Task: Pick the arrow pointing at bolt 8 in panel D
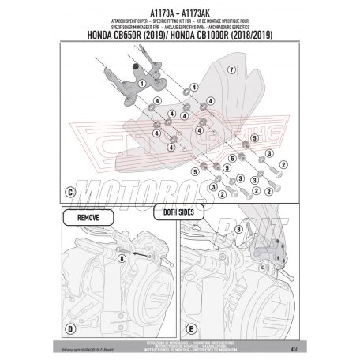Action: pyautogui.click(x=137, y=252)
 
